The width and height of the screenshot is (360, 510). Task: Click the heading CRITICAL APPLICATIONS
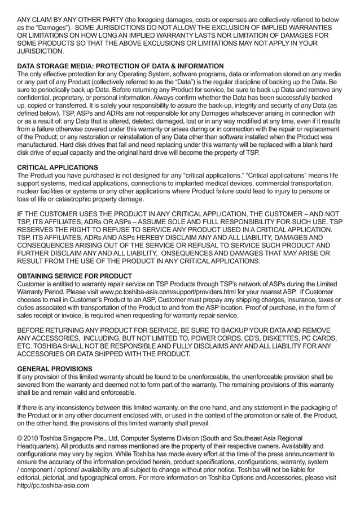(58, 167)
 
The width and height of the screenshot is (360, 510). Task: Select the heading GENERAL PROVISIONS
(54, 368)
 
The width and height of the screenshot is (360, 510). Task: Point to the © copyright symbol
(21, 438)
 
